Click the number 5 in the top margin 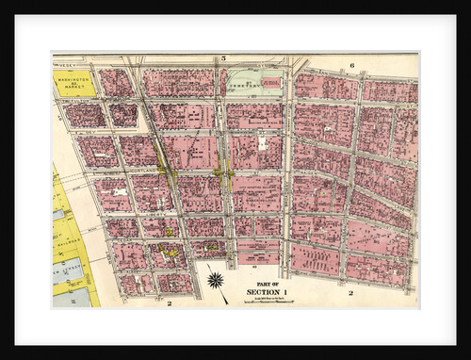[x=223, y=58]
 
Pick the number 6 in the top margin [x=350, y=65]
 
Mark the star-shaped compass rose [x=216, y=279]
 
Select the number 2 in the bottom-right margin [x=350, y=293]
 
